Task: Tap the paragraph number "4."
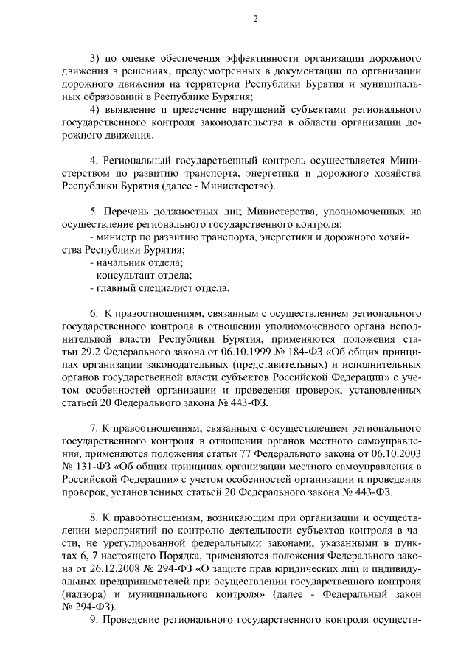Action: (x=94, y=160)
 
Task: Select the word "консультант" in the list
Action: (x=122, y=275)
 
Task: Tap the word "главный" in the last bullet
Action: (x=112, y=287)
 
